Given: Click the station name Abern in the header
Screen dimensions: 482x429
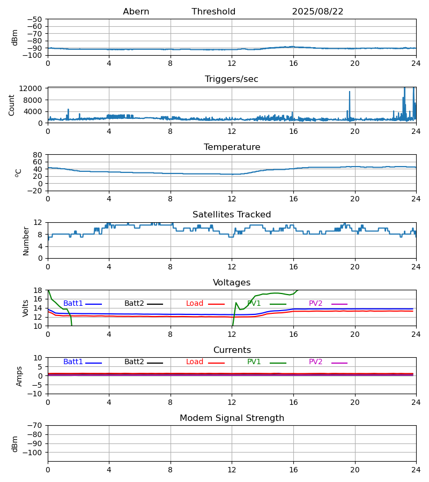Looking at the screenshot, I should tap(136, 12).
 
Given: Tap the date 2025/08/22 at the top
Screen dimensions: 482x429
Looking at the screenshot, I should tap(317, 12).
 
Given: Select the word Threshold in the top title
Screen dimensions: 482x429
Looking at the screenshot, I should tap(213, 12).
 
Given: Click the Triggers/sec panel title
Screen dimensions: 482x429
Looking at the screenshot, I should tap(232, 79).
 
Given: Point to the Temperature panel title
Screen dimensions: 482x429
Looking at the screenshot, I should tap(232, 147).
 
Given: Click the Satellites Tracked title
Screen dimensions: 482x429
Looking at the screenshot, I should tap(232, 215).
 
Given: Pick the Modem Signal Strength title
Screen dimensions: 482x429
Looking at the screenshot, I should tap(232, 418).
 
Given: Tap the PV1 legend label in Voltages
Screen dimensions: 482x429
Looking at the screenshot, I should tap(254, 304).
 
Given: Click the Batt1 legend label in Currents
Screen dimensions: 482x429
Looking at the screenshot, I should tap(73, 362).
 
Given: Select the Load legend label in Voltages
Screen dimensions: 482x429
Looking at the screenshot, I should tap(195, 304).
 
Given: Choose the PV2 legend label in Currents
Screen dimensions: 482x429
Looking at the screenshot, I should tap(315, 362).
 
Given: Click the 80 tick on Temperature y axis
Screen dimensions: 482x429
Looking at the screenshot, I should tap(38, 155).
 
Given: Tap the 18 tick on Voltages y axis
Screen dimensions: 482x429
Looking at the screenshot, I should tap(38, 290).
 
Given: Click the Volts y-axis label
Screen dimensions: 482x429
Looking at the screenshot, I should tap(26, 308).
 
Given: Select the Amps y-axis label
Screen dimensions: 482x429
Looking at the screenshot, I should tap(19, 376).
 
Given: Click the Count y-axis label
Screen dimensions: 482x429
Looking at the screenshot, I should tap(12, 105).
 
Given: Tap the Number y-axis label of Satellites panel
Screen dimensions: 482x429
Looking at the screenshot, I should tap(26, 240).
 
